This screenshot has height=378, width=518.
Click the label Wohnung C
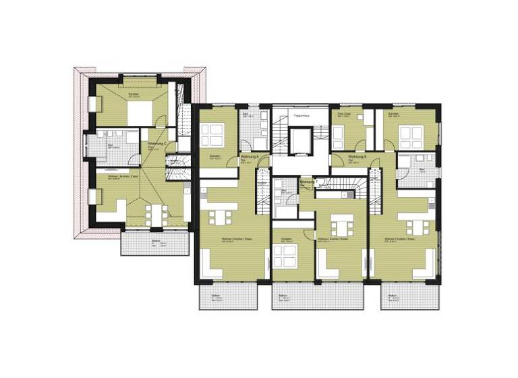pyautogui.click(x=157, y=143)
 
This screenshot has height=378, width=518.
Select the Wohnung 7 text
pyautogui.click(x=307, y=182)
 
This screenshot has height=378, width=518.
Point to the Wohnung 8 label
pyautogui.click(x=357, y=156)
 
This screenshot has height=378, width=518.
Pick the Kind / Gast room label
pyautogui.click(x=345, y=114)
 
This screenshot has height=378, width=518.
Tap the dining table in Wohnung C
pyautogui.click(x=153, y=215)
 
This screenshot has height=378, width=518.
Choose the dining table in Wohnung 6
pyautogui.click(x=220, y=217)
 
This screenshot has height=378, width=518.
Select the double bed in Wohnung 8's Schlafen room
pyautogui.click(x=411, y=137)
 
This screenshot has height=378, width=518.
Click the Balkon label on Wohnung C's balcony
pyautogui.click(x=156, y=241)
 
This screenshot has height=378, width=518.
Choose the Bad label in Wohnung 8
pyautogui.click(x=422, y=169)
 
